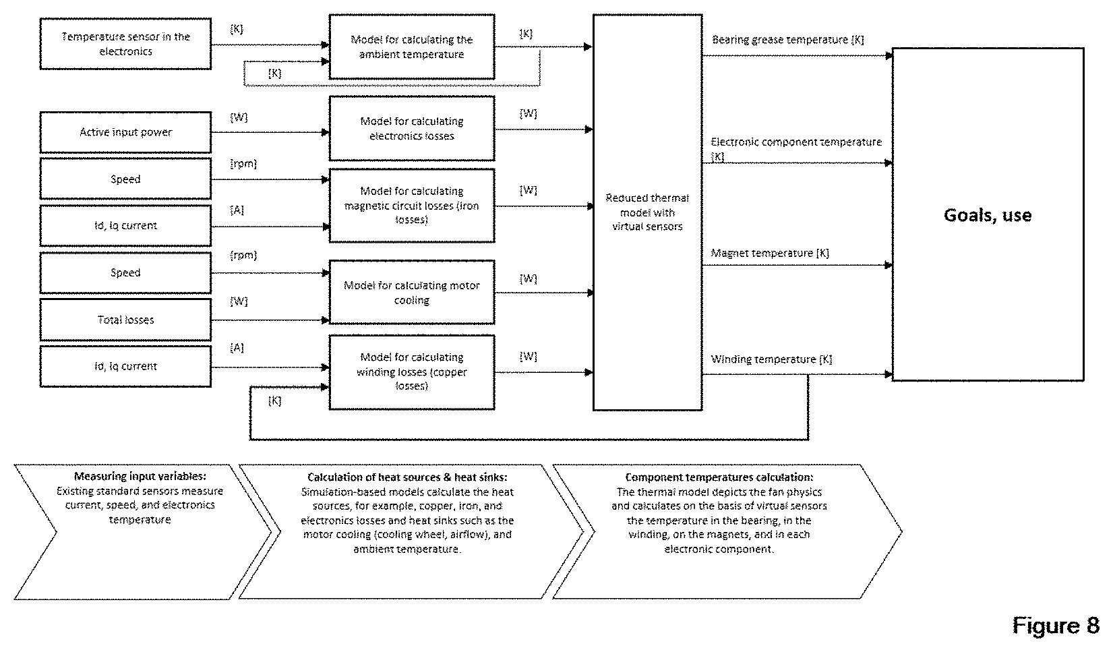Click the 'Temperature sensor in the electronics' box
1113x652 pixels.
(125, 44)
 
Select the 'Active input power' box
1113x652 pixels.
(125, 132)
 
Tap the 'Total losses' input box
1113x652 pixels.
(125, 320)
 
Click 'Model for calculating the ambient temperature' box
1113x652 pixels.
(412, 47)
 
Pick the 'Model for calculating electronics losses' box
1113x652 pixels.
(412, 128)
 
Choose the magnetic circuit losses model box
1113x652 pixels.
(412, 205)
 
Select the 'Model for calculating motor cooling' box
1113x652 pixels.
(412, 292)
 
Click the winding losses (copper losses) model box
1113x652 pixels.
(412, 372)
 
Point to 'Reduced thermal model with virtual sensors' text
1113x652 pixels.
(647, 212)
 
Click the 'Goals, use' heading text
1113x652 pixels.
(988, 215)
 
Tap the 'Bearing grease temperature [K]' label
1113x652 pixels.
(788, 40)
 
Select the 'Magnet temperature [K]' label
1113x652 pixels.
(770, 253)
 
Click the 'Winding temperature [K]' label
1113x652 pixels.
(771, 359)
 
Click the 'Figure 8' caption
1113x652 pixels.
(1056, 625)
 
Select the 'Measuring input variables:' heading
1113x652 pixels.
(140, 476)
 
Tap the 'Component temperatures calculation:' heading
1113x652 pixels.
(719, 477)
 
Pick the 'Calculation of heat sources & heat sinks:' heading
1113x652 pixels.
(407, 477)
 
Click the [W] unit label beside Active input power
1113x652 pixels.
(239, 117)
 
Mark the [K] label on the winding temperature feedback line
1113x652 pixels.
(275, 401)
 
